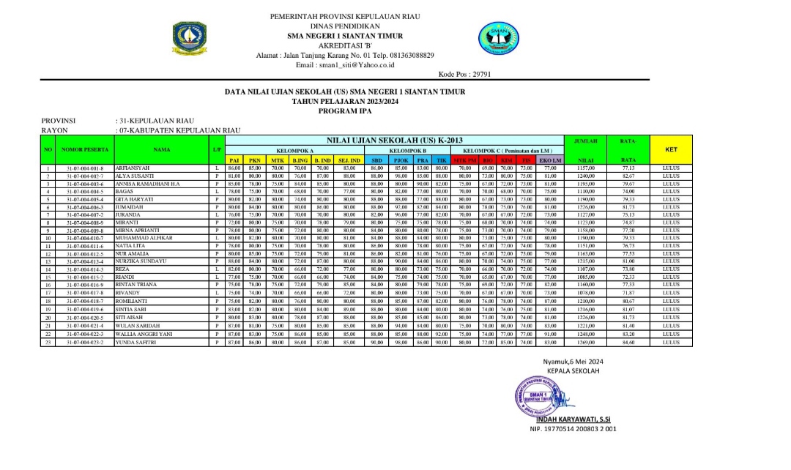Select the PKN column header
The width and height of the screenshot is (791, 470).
255,160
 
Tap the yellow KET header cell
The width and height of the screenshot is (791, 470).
670,149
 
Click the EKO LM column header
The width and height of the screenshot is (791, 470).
549,160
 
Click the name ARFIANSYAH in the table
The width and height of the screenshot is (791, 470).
133,168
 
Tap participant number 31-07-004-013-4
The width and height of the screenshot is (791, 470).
85,261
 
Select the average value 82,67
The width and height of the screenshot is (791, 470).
628,176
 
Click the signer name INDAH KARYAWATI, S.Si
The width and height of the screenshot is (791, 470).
573,419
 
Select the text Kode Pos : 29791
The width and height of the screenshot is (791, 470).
464,74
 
